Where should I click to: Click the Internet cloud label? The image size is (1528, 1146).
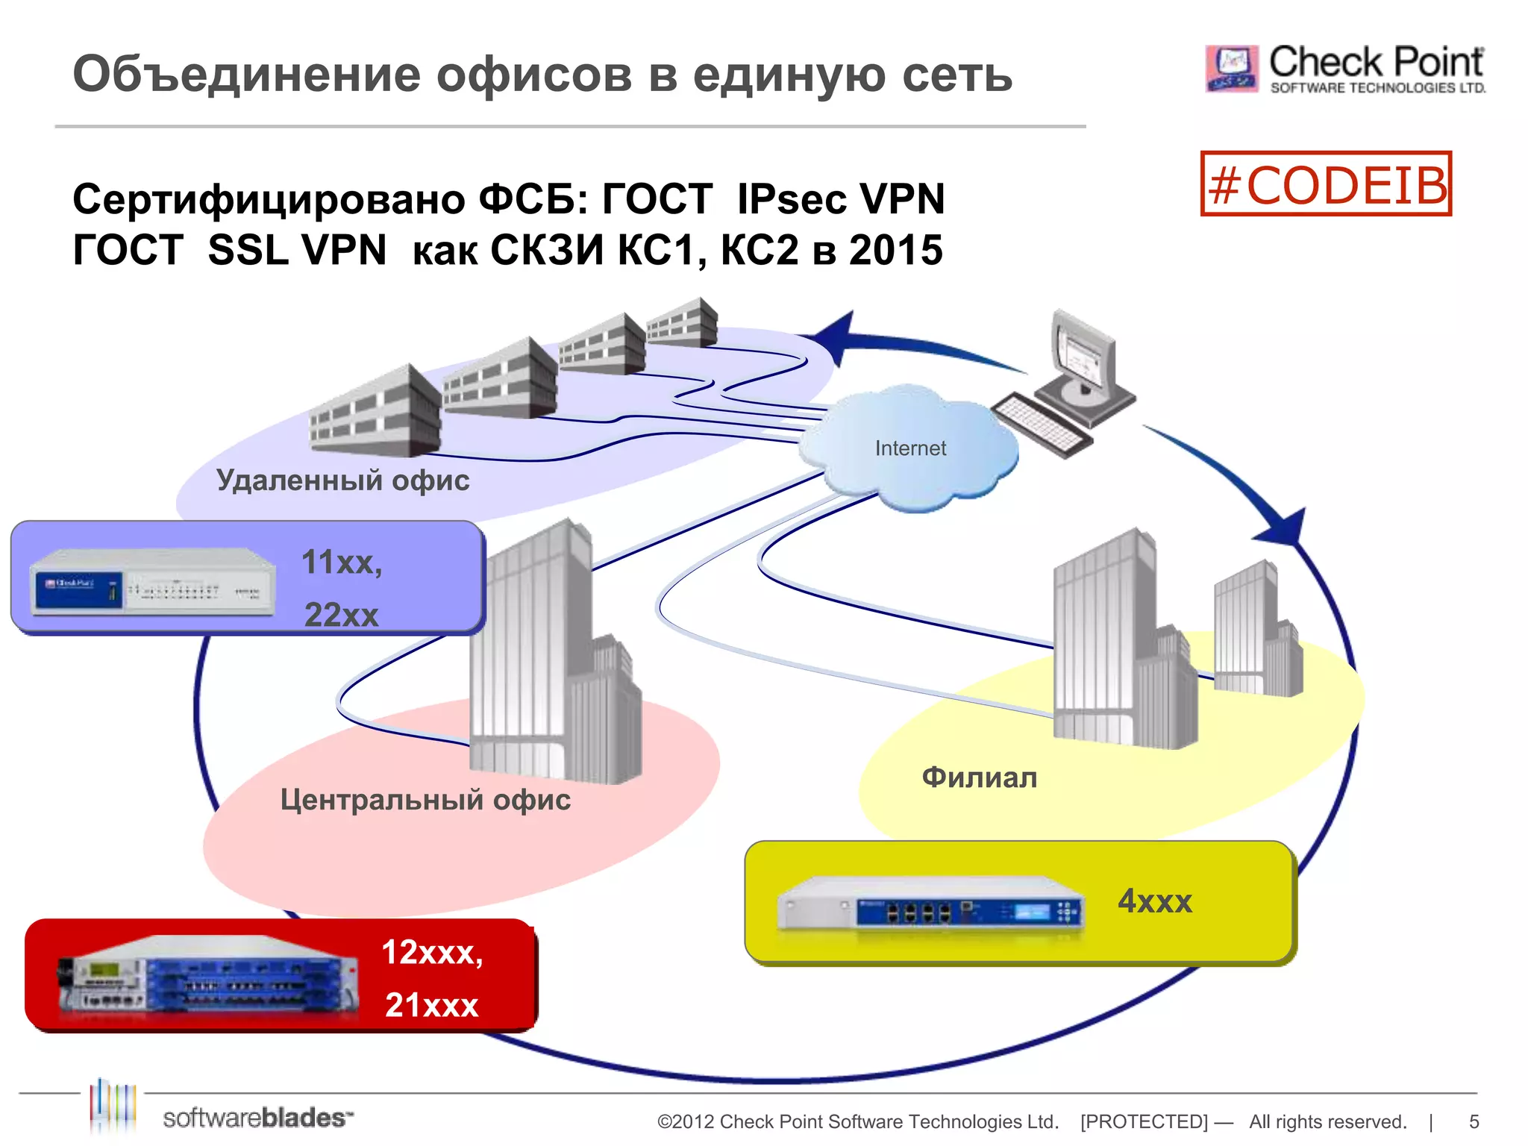[x=909, y=448]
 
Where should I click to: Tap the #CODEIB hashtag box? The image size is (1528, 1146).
[x=1326, y=184]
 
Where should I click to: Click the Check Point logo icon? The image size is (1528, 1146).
[x=1231, y=69]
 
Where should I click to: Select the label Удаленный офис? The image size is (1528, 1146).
[x=342, y=480]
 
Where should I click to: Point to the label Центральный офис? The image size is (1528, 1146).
[x=425, y=800]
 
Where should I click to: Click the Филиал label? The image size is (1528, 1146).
[x=979, y=777]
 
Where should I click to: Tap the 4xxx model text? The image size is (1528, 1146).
[x=1154, y=901]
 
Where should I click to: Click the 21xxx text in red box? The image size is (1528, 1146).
[x=431, y=1005]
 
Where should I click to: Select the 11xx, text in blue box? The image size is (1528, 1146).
[x=342, y=562]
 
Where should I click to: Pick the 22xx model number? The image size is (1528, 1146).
[x=342, y=615]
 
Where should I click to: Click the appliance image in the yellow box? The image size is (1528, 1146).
[x=930, y=904]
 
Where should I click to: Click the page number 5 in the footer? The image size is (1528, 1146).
[x=1474, y=1121]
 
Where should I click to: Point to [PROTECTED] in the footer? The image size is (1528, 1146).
[x=1144, y=1121]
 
